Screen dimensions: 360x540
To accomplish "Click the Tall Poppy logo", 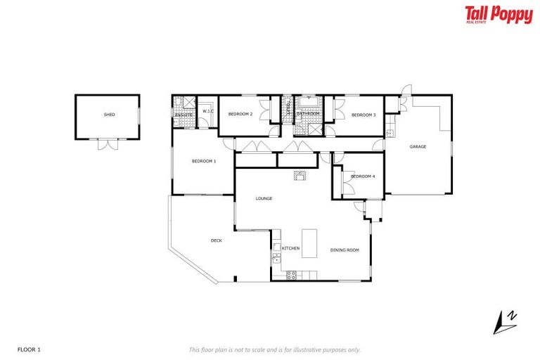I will (x=498, y=15).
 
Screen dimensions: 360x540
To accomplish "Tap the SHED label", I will (x=109, y=114).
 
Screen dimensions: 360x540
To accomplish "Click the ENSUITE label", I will (x=184, y=114).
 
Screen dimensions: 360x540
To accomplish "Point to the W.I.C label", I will (x=207, y=112).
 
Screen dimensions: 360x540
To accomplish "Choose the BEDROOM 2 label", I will (x=241, y=114).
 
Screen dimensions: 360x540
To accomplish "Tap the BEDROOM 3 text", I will (x=364, y=115).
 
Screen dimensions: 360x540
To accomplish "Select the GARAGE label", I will (x=418, y=146).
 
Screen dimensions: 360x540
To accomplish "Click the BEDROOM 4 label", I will (x=363, y=176).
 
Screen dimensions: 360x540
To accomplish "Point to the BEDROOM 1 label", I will (x=204, y=161).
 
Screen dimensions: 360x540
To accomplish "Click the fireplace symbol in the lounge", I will (x=300, y=175).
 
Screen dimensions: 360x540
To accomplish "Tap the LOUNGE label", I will (x=264, y=198).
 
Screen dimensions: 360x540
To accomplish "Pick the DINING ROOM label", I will (x=345, y=249).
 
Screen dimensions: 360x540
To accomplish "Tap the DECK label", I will (x=217, y=240).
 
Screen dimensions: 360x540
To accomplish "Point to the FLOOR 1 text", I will (x=28, y=349).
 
